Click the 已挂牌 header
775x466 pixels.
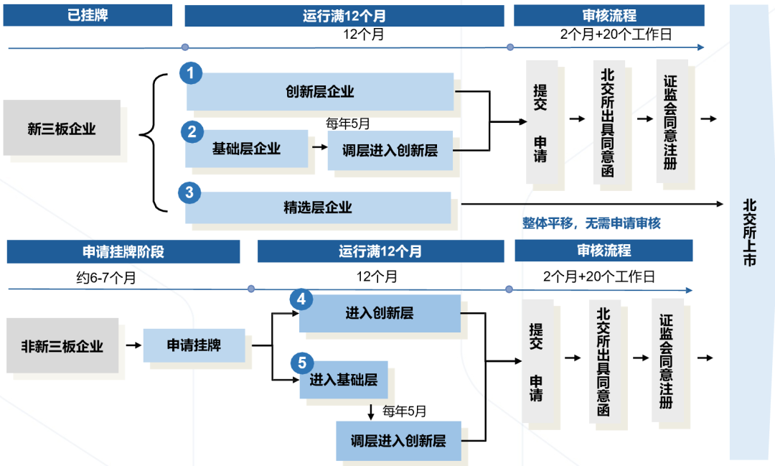coord(88,15)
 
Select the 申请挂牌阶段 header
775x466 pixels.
coord(123,251)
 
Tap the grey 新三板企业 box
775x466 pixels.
coord(62,129)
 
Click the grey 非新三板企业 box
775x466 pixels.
coord(62,346)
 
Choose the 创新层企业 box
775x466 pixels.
coord(320,91)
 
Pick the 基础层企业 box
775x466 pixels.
coord(246,149)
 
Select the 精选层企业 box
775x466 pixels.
coord(318,208)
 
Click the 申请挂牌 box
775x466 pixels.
coord(194,345)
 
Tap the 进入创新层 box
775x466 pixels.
coord(380,313)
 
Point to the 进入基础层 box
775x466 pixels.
coord(344,380)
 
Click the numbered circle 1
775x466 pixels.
coord(190,73)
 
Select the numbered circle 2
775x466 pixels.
coord(191,131)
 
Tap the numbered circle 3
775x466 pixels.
coord(189,192)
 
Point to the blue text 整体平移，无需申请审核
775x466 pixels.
coord(591,223)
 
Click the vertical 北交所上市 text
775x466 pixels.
coord(749,233)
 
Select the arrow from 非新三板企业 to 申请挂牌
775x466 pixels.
coord(133,345)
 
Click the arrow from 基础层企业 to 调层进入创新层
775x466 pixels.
coord(318,149)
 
